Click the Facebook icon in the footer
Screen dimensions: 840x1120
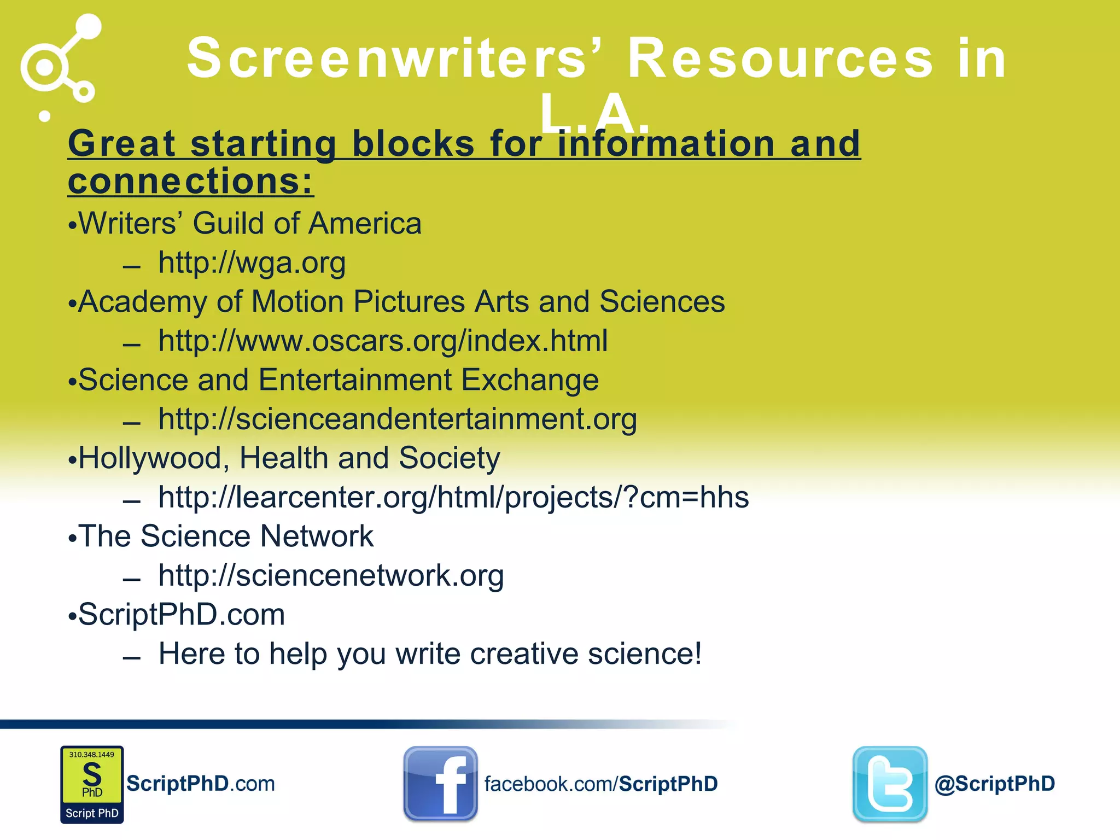(440, 783)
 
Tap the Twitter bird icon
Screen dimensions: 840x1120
(890, 783)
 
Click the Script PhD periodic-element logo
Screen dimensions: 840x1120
(92, 784)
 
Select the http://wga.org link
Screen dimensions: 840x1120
(252, 263)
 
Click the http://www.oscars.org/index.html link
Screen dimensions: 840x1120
(383, 341)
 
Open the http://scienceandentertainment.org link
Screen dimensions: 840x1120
(398, 419)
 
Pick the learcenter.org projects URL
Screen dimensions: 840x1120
(453, 498)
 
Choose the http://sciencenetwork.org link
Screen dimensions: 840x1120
(331, 576)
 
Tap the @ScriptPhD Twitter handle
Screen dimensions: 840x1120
(994, 784)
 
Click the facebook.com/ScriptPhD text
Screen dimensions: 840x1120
(600, 784)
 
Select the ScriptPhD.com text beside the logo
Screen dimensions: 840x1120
(201, 784)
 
